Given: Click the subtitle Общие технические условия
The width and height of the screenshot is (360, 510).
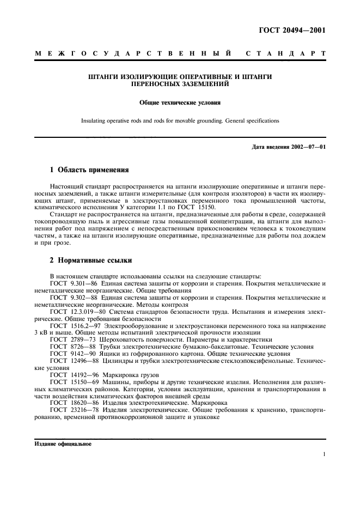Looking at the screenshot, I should click(x=180, y=102).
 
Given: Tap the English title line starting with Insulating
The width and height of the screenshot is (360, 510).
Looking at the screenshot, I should click(x=180, y=120).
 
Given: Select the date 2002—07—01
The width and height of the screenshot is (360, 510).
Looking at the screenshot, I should click(x=308, y=147).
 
